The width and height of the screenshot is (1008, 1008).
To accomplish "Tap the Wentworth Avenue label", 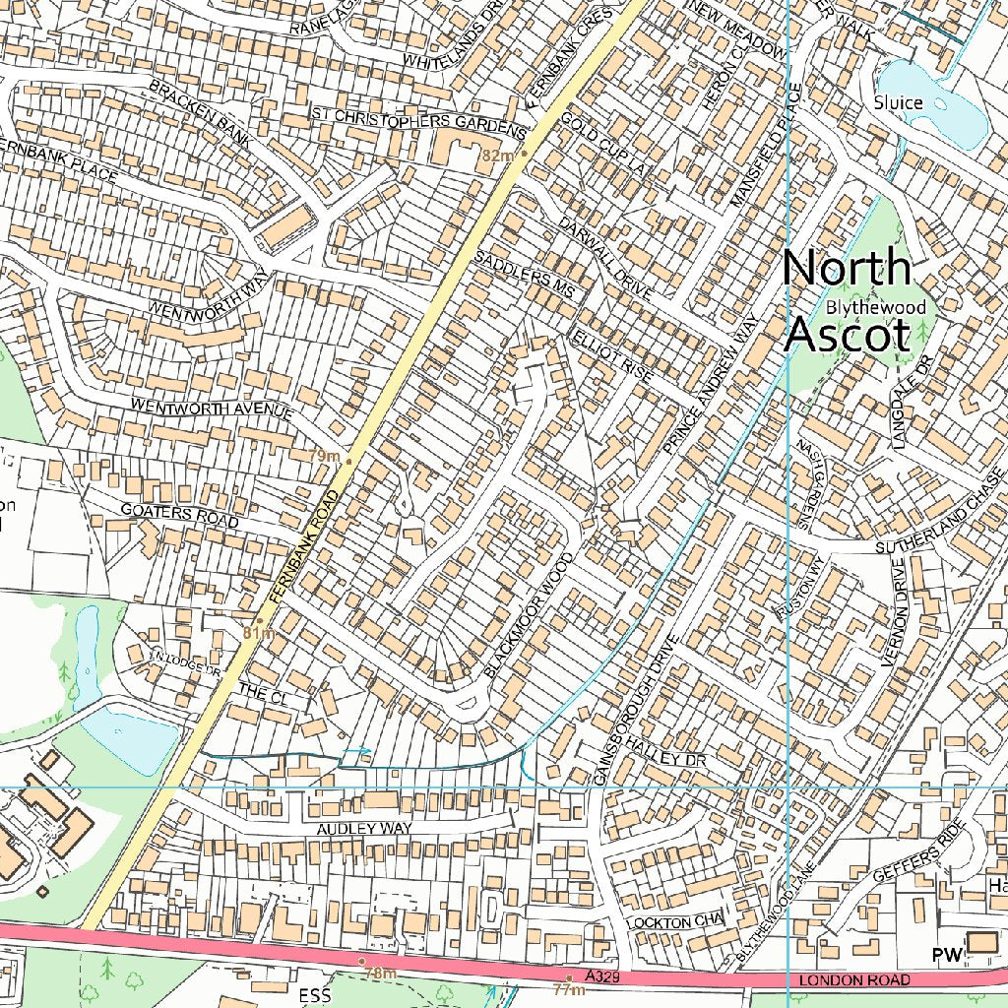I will [212, 409].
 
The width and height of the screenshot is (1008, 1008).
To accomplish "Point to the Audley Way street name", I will [364, 830].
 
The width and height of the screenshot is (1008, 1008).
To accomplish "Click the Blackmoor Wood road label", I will [529, 615].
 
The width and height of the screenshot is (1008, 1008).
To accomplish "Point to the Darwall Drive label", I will [605, 258].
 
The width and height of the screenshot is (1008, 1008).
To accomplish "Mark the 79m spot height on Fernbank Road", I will [324, 457].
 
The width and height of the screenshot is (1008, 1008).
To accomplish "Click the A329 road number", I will [602, 976].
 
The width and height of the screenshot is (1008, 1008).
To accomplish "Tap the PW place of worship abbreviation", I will [945, 955].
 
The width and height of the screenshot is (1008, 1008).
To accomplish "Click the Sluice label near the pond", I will [898, 102].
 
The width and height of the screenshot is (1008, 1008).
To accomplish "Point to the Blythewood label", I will [876, 308].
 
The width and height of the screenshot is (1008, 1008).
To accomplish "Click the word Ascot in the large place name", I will [846, 335].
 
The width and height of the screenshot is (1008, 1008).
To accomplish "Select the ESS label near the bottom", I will [315, 995].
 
